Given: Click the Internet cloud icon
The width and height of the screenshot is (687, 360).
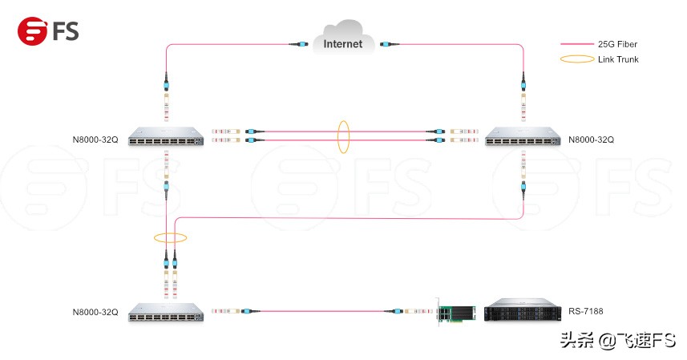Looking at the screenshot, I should point(342,41).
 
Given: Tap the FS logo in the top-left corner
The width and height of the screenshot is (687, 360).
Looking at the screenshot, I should point(48,30).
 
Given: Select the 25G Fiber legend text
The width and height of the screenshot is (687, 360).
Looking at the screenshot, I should point(617,45).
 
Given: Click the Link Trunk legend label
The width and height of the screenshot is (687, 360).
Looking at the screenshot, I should point(618,59).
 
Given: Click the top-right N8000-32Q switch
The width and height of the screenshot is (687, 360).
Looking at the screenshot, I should point(522,137).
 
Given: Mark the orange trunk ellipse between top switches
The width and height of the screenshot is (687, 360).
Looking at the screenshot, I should point(344,137).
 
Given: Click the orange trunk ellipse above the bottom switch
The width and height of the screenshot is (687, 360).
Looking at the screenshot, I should point(171,237).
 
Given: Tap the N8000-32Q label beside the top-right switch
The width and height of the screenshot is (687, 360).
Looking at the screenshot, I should point(591,140).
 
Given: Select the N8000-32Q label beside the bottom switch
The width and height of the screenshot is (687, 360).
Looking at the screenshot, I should point(95,312).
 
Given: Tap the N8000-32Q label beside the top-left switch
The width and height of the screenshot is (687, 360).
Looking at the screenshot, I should point(95,140).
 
